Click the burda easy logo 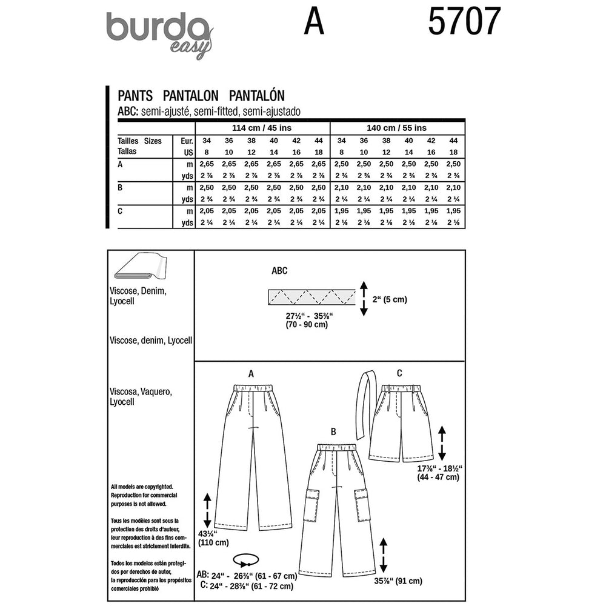(159, 34)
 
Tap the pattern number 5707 (464, 24)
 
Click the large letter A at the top (314, 24)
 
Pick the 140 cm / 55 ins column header (396, 128)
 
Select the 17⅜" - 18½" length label (440, 473)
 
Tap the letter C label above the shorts (400, 373)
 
